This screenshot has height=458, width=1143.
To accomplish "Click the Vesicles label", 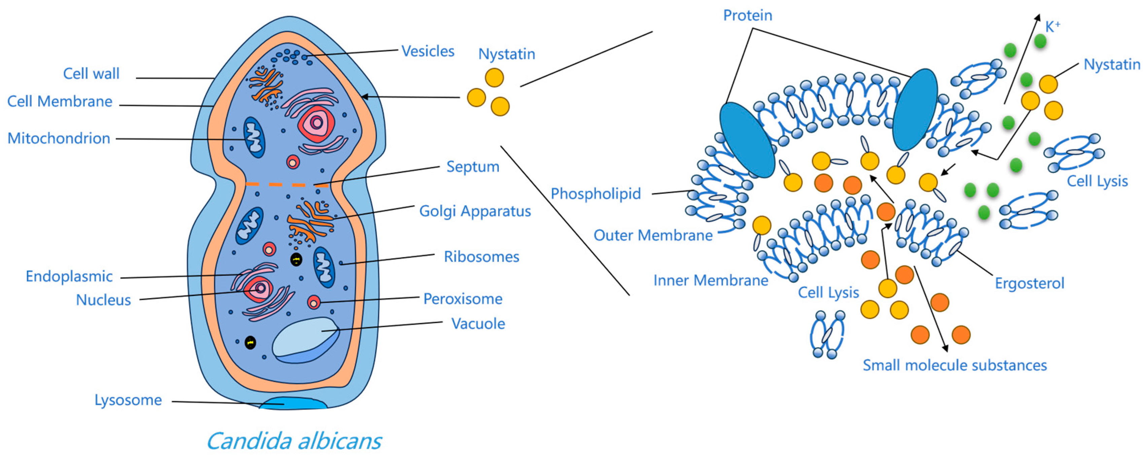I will click(427, 51).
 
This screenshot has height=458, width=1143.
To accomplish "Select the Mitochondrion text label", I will click(59, 138).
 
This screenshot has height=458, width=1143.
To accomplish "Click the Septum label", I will click(473, 167).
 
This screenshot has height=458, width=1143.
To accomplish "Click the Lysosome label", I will click(128, 400).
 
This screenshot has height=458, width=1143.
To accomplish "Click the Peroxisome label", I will click(462, 299).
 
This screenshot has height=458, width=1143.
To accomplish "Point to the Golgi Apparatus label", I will click(475, 211).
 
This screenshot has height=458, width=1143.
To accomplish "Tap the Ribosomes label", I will click(481, 257).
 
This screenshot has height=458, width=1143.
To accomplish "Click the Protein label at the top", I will click(747, 16).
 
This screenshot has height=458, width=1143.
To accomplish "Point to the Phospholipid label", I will click(595, 194).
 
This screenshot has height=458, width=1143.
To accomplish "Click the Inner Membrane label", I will click(711, 280).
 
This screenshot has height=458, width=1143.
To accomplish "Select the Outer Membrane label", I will click(653, 235).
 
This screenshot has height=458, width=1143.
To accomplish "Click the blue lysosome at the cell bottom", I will click(293, 404).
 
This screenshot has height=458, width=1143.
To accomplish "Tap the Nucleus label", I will click(103, 300).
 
